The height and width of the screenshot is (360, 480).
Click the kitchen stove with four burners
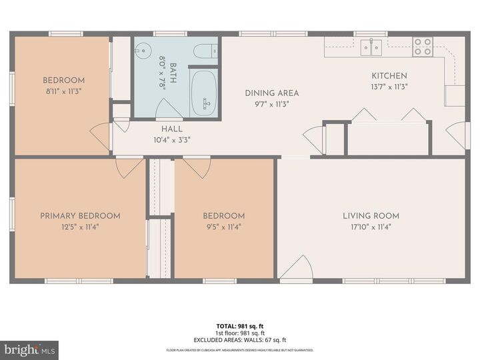point(423,46)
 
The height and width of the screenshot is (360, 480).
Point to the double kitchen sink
point(371,46)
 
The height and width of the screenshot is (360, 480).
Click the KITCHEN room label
point(389,75)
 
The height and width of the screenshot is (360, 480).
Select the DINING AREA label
point(271,93)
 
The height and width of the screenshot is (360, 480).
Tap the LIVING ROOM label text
point(371,215)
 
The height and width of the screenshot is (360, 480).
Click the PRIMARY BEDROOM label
point(80,215)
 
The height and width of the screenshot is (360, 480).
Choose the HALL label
point(172,129)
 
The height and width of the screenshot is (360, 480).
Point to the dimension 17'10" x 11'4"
point(371,227)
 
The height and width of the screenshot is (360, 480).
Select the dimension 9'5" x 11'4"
point(223,227)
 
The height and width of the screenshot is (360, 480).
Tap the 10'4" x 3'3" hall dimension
point(172,140)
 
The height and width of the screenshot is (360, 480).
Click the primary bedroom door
point(129,167)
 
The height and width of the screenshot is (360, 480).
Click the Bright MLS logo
point(29,350)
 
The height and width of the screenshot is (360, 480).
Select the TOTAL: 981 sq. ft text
point(239,326)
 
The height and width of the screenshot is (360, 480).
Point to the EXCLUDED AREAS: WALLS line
point(239,339)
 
